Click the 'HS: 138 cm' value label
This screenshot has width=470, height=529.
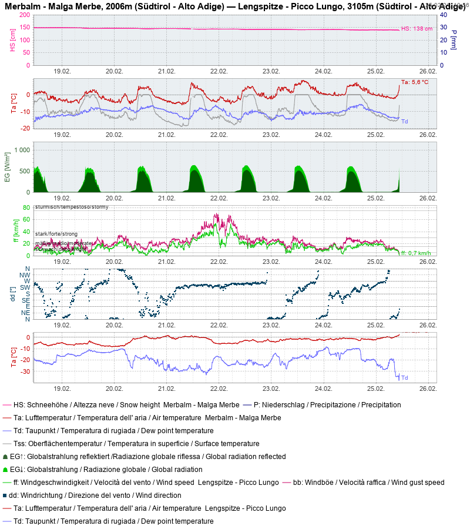417,29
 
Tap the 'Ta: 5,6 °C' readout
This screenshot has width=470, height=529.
414,82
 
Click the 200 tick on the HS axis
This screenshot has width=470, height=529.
25,15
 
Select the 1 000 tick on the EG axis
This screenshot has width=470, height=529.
21,150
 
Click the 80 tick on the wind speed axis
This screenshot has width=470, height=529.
26,207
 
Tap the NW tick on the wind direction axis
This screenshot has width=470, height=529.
25,275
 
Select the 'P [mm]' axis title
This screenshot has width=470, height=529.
454,40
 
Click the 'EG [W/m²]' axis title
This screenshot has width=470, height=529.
8,168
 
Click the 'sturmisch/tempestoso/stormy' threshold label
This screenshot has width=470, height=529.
71,207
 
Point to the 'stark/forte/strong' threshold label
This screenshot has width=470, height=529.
56,234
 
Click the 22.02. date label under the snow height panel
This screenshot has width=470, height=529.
219,71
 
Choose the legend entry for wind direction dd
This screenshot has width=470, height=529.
99,495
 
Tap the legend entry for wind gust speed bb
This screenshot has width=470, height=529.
368,483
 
